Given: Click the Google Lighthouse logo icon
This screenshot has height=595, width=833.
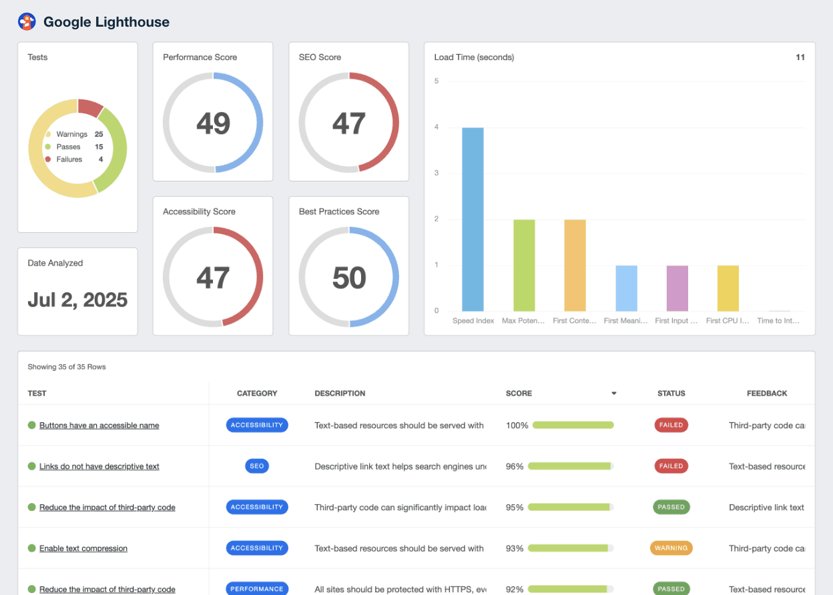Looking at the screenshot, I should pyautogui.click(x=27, y=22).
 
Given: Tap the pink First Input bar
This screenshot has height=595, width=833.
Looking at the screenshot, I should pyautogui.click(x=677, y=288).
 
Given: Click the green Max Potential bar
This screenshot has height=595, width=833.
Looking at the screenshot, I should pyautogui.click(x=524, y=265).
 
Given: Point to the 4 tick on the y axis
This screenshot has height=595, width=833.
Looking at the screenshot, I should pyautogui.click(x=437, y=127).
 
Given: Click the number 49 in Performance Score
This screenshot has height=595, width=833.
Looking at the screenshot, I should pyautogui.click(x=213, y=123).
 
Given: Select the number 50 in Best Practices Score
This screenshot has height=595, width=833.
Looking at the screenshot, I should pyautogui.click(x=348, y=278).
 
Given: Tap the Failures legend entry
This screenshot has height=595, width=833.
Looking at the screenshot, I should pyautogui.click(x=69, y=159).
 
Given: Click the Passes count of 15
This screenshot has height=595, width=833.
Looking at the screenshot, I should pyautogui.click(x=99, y=147).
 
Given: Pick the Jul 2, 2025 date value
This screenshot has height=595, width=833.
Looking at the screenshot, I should pyautogui.click(x=77, y=300).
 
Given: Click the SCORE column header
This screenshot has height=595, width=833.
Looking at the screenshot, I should pyautogui.click(x=519, y=394).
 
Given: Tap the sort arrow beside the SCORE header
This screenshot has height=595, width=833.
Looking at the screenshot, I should pyautogui.click(x=613, y=394).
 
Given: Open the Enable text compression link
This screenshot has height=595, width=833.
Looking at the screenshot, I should pyautogui.click(x=83, y=548).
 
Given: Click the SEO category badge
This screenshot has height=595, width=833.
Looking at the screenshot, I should pyautogui.click(x=257, y=466).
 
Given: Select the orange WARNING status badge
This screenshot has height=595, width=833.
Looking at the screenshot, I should pyautogui.click(x=671, y=548).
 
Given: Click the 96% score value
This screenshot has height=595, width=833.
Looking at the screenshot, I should pyautogui.click(x=515, y=466).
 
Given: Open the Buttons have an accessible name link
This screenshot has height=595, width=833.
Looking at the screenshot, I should pyautogui.click(x=99, y=426).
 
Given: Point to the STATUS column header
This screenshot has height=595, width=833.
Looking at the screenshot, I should pyautogui.click(x=671, y=394).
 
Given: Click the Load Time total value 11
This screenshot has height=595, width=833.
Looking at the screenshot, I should pyautogui.click(x=800, y=57).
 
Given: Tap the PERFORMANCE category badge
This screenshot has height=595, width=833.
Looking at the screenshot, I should pyautogui.click(x=257, y=589).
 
